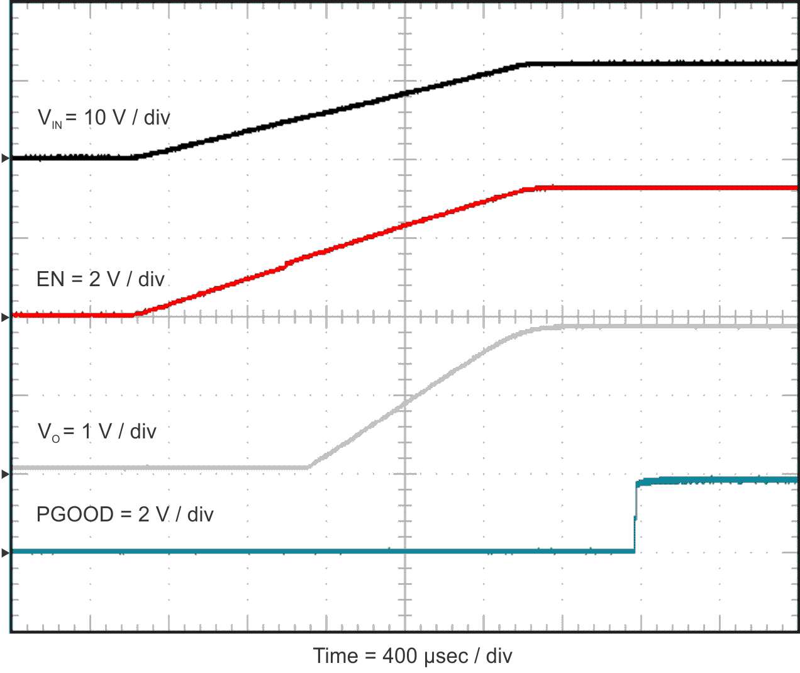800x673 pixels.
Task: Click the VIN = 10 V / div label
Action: click(x=104, y=118)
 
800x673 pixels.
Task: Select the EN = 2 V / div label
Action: click(x=101, y=279)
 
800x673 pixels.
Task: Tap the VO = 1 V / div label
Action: click(x=97, y=431)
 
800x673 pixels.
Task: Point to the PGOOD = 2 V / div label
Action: click(x=125, y=514)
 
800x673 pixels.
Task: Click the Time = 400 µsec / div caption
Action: click(x=413, y=656)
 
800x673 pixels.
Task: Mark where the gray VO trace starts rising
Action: click(x=308, y=467)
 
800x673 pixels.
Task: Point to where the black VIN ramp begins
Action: click(x=136, y=157)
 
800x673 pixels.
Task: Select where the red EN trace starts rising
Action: click(x=137, y=314)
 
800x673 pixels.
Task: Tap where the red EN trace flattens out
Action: click(x=535, y=187)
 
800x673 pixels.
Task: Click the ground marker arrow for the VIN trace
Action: click(x=6, y=159)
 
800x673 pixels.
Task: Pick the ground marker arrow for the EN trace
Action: click(x=6, y=318)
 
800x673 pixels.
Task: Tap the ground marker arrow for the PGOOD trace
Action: click(x=6, y=553)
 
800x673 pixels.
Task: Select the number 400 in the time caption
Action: click(x=399, y=656)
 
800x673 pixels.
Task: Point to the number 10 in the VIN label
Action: click(x=95, y=118)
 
